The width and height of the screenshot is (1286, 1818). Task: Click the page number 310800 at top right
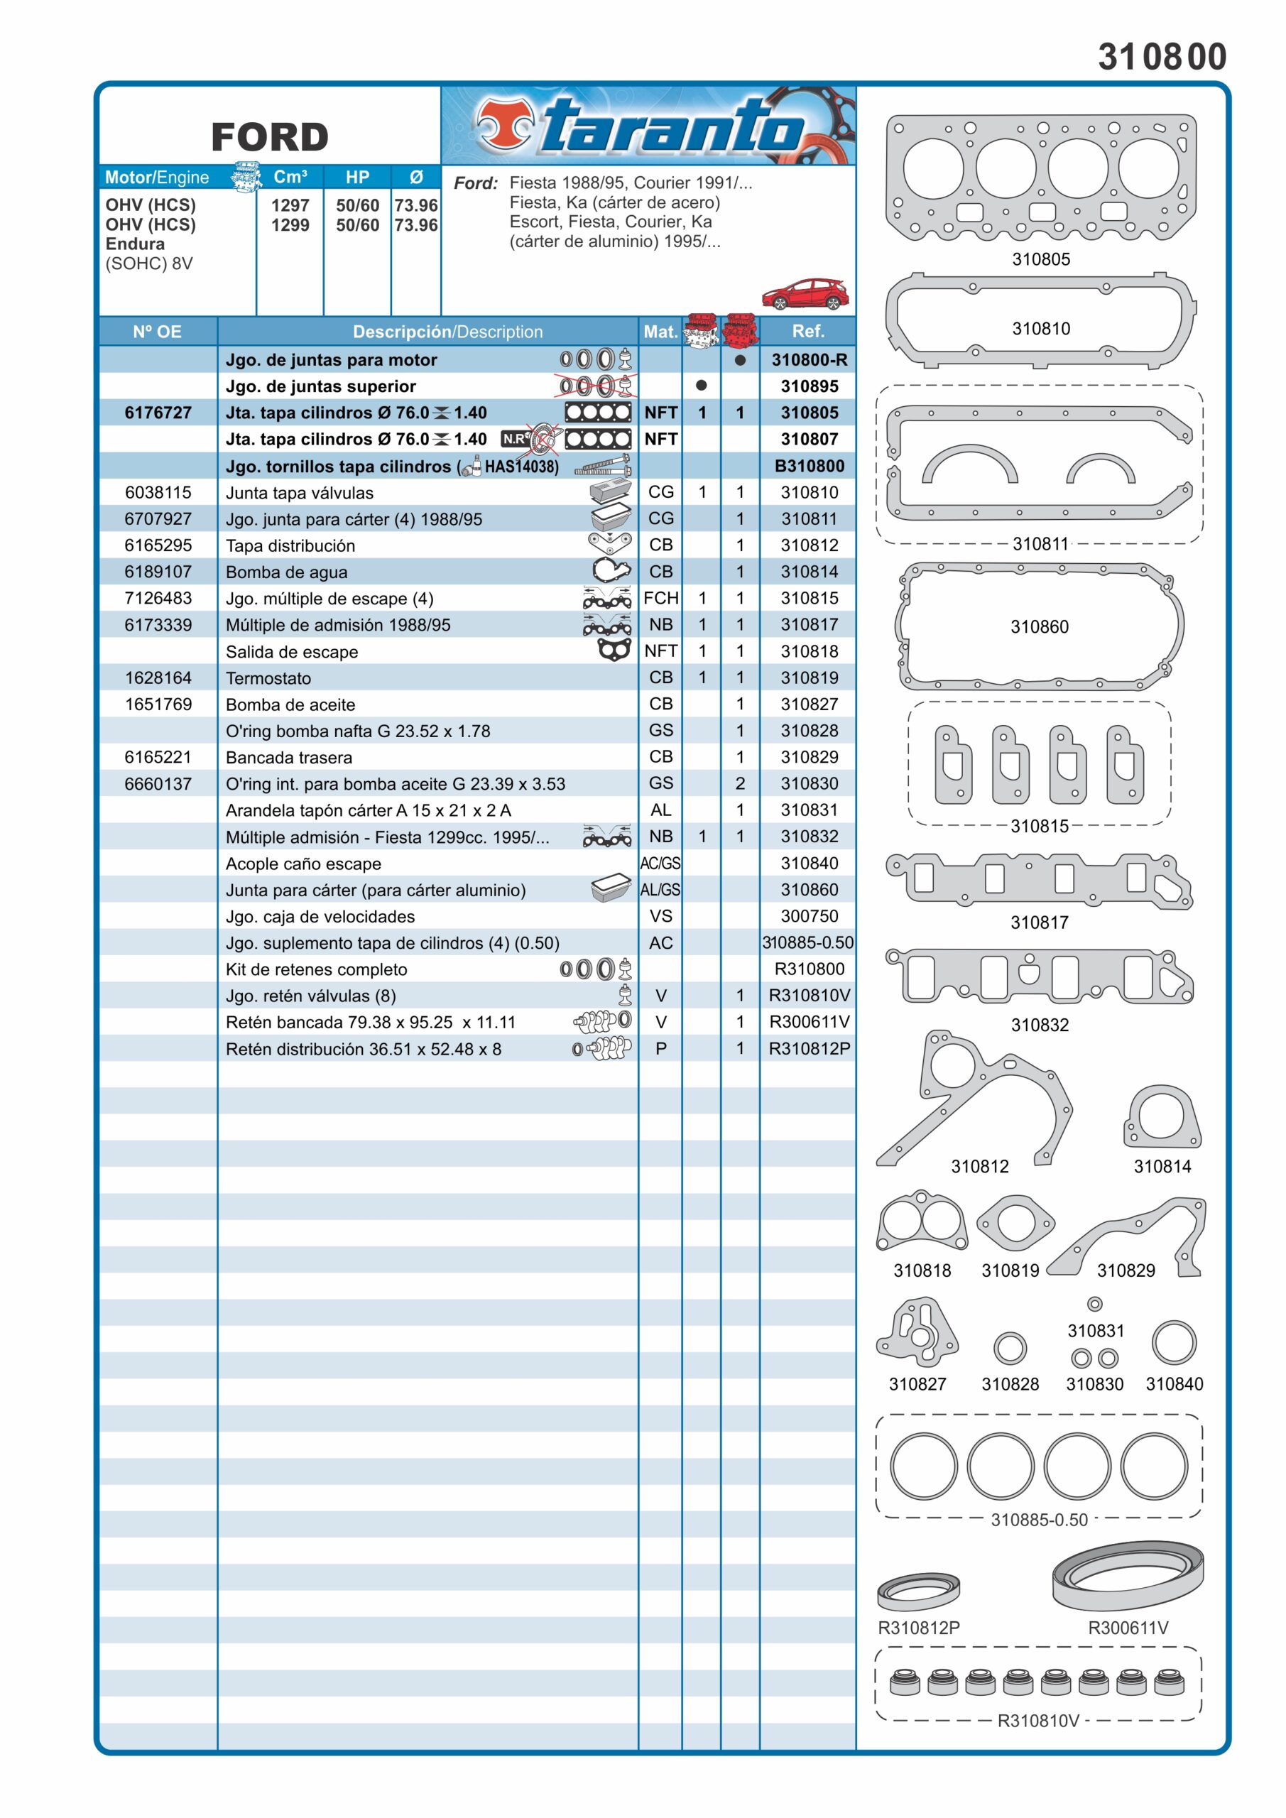click(x=1161, y=57)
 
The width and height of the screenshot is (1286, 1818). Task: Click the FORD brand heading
click(x=269, y=137)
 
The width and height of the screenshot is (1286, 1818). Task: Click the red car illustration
click(x=804, y=294)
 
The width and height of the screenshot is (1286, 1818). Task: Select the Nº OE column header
click(x=157, y=332)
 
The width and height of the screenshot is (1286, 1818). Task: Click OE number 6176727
click(x=158, y=413)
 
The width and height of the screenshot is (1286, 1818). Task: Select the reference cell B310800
click(x=809, y=466)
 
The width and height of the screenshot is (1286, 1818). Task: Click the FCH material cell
click(x=660, y=598)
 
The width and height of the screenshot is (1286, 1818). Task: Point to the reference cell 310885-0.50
click(x=807, y=942)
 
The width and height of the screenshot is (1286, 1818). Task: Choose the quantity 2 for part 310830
click(x=740, y=783)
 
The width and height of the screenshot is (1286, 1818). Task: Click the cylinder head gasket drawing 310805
click(x=1040, y=178)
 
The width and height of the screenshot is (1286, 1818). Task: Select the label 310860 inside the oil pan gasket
click(x=1039, y=626)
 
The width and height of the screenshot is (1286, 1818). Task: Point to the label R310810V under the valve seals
click(x=1037, y=1721)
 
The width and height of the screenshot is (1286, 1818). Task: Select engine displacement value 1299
click(x=290, y=225)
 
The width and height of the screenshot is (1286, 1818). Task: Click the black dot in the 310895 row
click(x=701, y=386)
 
